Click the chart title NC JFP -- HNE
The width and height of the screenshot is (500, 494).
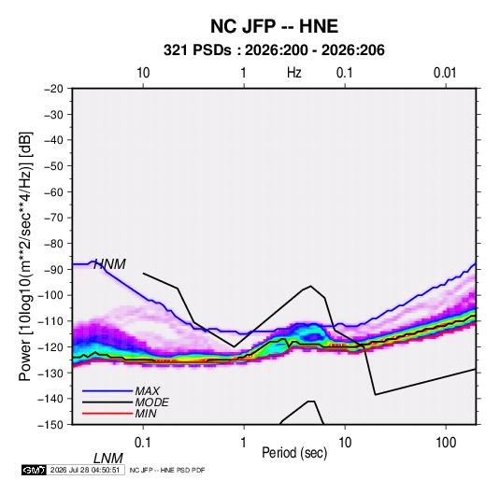pyautogui.click(x=274, y=26)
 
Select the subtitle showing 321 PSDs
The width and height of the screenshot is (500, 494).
pyautogui.click(x=274, y=50)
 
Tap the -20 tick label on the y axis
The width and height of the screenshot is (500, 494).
pyautogui.click(x=53, y=89)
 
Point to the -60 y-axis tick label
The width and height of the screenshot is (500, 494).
pyautogui.click(x=53, y=191)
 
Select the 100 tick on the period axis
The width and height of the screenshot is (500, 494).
pyautogui.click(x=446, y=443)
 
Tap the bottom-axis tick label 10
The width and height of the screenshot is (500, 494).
pyautogui.click(x=345, y=443)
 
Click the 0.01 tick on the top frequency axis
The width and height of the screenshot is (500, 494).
pyautogui.click(x=445, y=73)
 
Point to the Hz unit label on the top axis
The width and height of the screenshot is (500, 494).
pyautogui.click(x=294, y=73)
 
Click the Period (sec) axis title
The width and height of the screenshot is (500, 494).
pyautogui.click(x=294, y=453)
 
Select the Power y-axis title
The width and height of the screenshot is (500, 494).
pyautogui.click(x=25, y=256)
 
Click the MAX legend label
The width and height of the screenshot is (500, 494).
pyautogui.click(x=148, y=391)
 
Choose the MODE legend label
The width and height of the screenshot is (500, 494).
pyautogui.click(x=151, y=402)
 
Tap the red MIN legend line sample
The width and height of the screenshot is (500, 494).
pyautogui.click(x=107, y=414)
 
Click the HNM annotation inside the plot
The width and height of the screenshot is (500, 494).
pyautogui.click(x=109, y=264)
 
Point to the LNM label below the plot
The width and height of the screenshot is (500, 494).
pyautogui.click(x=108, y=459)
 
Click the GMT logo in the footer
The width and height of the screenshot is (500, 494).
pyautogui.click(x=35, y=470)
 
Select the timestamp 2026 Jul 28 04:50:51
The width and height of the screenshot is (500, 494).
pyautogui.click(x=85, y=470)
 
